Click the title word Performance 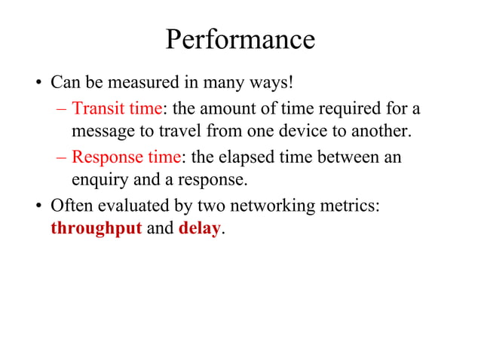[240, 39]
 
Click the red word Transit [98, 109]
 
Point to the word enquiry [99, 181]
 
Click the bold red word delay [199, 228]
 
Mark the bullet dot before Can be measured [40, 82]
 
